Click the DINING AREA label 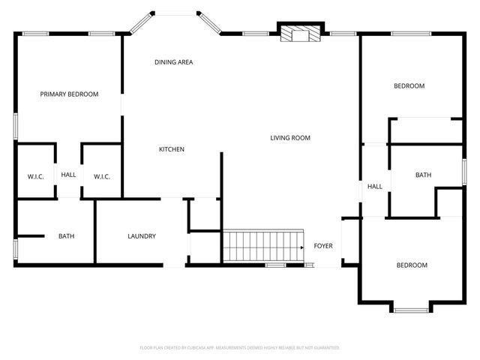174,62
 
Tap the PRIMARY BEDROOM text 69,94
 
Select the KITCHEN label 171,149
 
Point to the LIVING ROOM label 290,138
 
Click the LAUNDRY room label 141,236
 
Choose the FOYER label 322,246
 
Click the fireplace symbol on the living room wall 301,34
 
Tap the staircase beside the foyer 260,245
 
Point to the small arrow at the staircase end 301,246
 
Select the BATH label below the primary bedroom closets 66,236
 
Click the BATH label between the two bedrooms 423,175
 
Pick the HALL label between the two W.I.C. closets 68,175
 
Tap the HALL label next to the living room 374,187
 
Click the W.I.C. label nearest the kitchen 102,177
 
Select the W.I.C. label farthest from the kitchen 35,177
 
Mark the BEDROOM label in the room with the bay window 412,265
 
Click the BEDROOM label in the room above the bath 409,86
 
